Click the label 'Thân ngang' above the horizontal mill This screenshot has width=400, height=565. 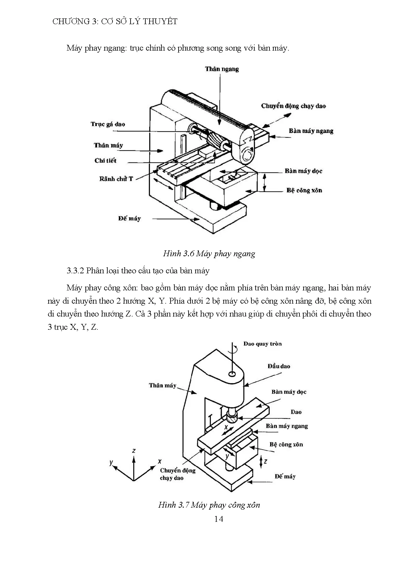coord(222,69)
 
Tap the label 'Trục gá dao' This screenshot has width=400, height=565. coord(108,124)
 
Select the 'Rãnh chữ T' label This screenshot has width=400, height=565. coord(116,179)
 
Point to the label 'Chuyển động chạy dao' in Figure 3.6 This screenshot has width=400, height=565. coord(293,106)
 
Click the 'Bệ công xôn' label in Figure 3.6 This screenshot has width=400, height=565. coord(304,190)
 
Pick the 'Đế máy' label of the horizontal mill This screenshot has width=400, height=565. coord(129,219)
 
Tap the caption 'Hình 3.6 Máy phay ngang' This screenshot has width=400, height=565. coord(209,254)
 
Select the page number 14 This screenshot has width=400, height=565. coord(218,519)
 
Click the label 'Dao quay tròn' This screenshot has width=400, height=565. coord(262,344)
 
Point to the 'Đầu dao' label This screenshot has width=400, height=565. coord(279,366)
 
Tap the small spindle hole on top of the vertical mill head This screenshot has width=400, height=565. coord(232,374)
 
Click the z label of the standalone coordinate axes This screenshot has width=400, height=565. coord(134,451)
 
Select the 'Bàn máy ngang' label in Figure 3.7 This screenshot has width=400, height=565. coord(287,426)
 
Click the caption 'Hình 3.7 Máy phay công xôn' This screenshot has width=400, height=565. coord(209,505)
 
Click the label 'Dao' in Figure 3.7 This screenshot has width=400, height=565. coord(296,412)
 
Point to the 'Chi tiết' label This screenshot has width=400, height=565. coord(105,161)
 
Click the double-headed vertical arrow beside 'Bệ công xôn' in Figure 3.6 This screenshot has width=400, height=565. coord(265,182)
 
